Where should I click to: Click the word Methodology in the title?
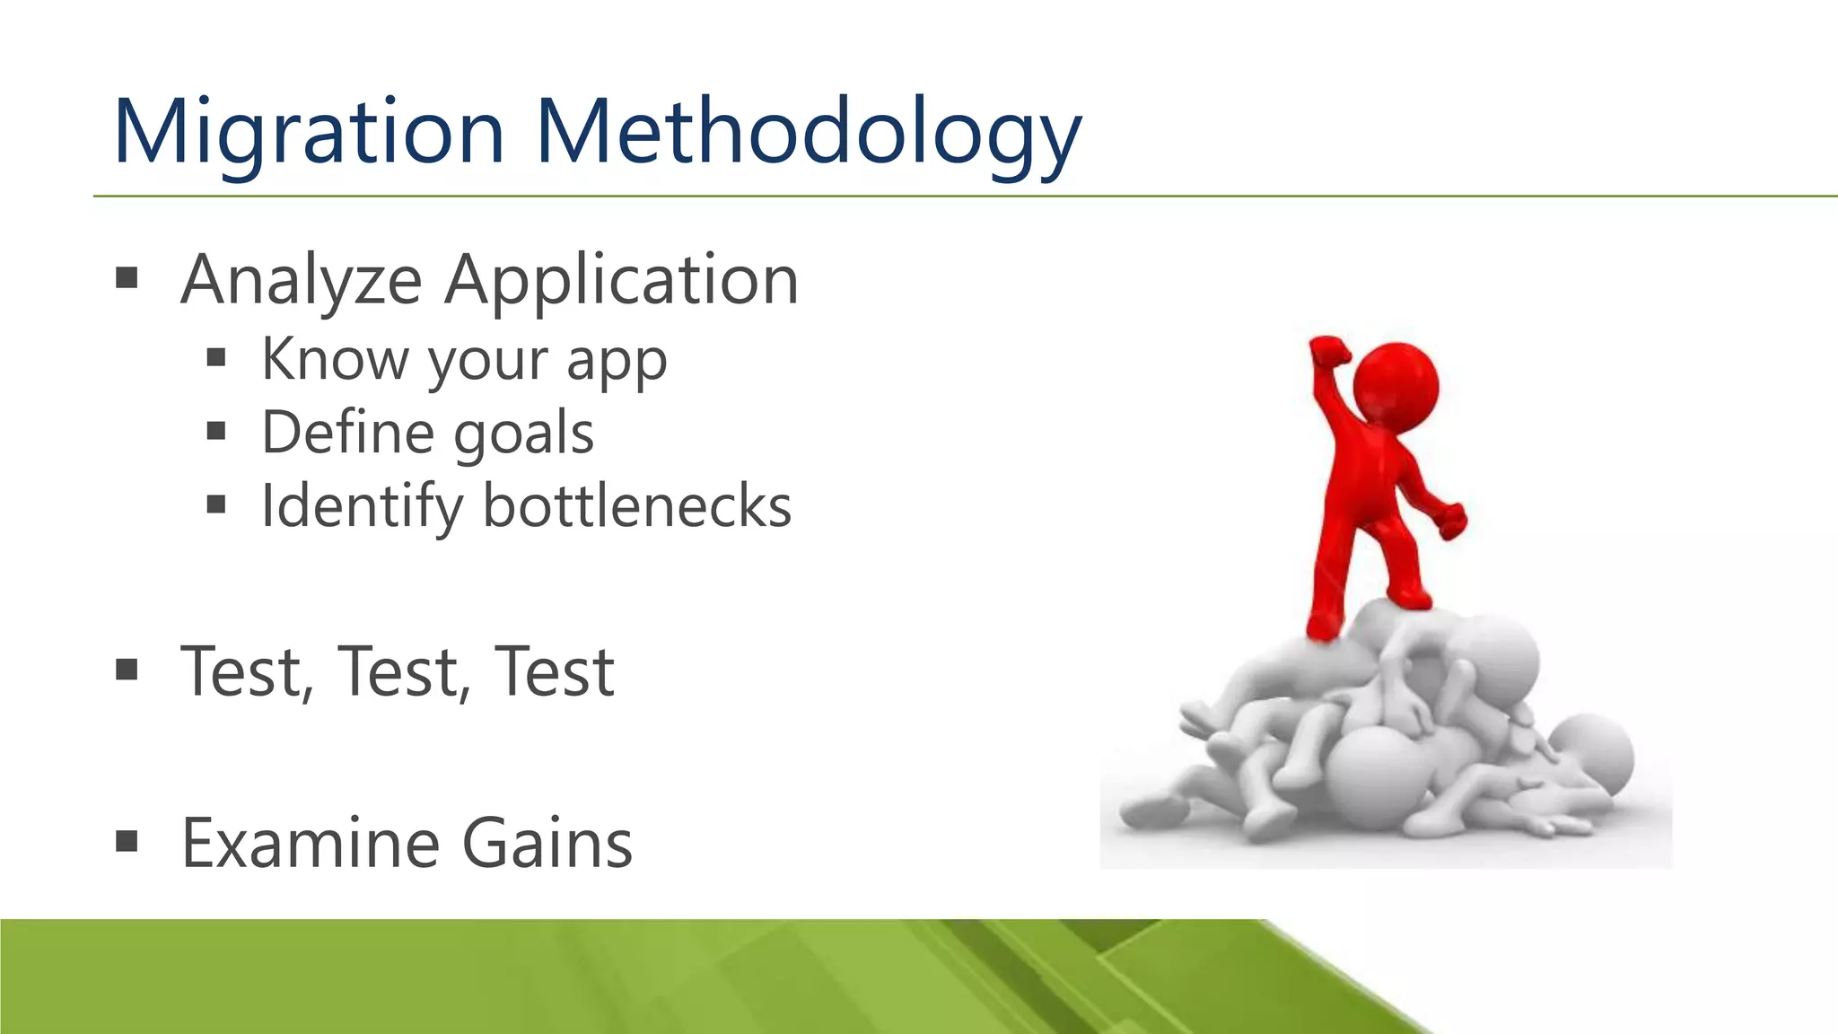pos(808,133)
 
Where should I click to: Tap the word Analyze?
pos(301,280)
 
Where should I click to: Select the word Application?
pos(621,280)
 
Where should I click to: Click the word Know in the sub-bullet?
pos(335,359)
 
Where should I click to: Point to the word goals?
pos(523,434)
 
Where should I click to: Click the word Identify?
pos(362,507)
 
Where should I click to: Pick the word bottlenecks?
pos(637,507)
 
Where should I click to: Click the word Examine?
pos(311,844)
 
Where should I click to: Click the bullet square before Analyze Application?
pos(127,278)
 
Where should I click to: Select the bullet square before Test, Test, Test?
pos(127,670)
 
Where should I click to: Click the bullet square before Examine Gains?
pos(127,842)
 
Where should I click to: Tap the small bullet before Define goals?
pos(215,433)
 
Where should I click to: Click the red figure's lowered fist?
pos(1450,521)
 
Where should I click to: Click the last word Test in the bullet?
pos(555,672)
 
